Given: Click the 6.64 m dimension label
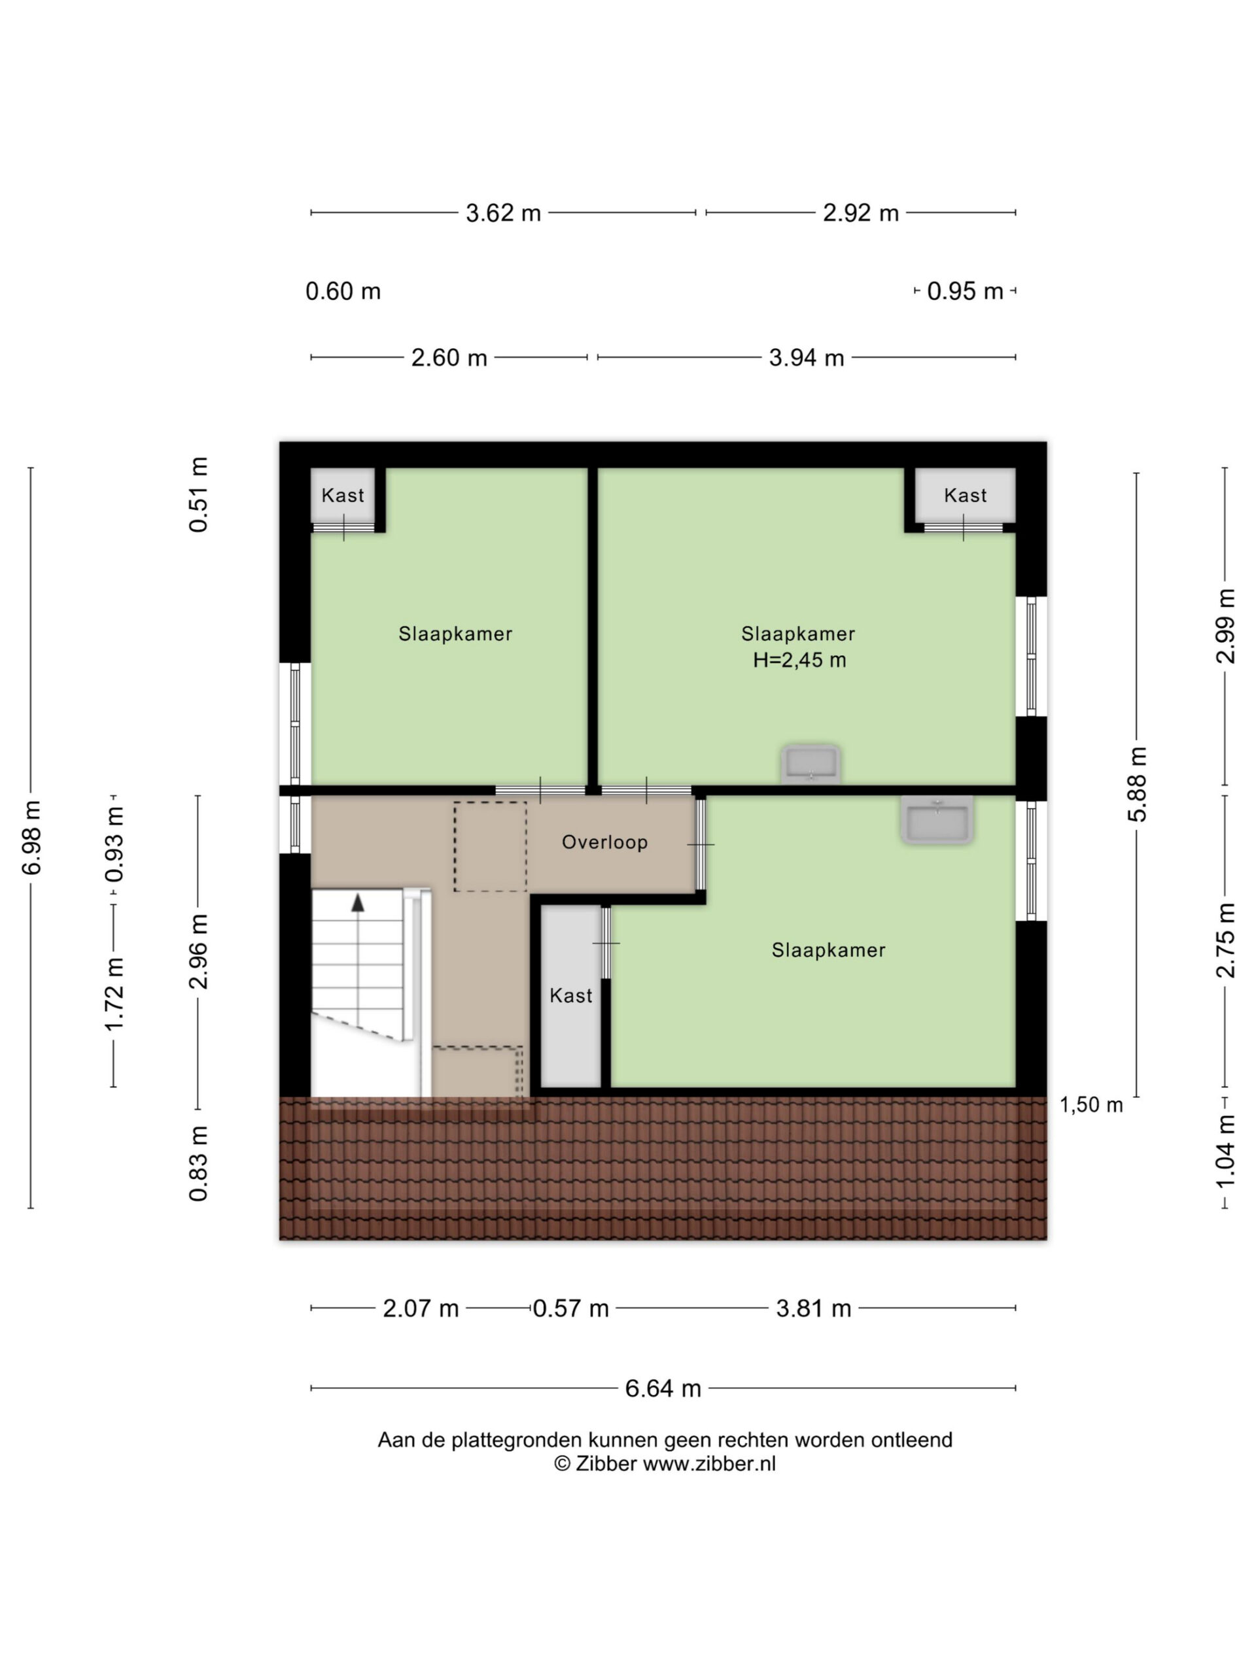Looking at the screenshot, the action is [663, 1388].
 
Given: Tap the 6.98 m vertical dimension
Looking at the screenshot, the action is [32, 837].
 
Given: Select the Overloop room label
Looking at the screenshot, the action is [604, 842].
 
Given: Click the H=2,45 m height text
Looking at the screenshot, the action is [799, 660].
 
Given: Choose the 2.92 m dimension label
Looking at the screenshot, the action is [860, 213].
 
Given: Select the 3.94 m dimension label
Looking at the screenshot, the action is [807, 357].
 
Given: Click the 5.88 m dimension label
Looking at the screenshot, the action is [1138, 784].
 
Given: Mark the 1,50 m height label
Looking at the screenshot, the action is [1090, 1105].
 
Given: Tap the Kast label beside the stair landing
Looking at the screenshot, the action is [571, 995].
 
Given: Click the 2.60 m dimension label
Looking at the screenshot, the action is [449, 357].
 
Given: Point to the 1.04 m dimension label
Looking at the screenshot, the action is [1226, 1151].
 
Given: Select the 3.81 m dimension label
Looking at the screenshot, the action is [813, 1308].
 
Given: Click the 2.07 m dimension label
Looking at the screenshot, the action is [420, 1308].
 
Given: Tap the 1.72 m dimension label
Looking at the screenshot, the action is [114, 995].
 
